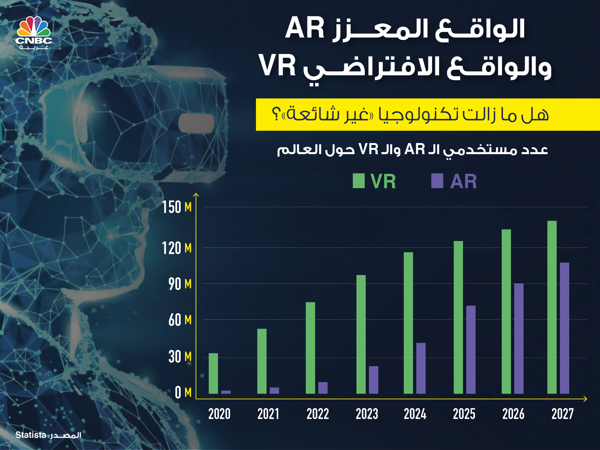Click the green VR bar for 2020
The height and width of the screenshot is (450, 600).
[213, 373]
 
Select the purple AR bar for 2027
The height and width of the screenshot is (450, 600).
[564, 328]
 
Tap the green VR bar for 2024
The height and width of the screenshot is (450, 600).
[408, 323]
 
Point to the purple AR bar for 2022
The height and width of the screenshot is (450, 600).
[323, 388]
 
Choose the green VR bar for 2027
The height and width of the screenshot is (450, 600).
[552, 307]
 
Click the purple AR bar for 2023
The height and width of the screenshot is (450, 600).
[373, 380]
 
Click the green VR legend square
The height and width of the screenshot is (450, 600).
[359, 181]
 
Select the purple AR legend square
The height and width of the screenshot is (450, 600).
[437, 181]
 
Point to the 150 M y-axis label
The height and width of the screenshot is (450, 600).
[177, 208]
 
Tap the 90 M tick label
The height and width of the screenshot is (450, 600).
[180, 284]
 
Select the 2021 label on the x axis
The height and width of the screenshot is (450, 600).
[268, 414]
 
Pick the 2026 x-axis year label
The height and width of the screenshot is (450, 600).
[513, 414]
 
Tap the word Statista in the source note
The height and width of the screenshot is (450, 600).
[31, 435]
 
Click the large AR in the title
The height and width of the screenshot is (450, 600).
[305, 29]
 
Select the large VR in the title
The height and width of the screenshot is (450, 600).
[277, 66]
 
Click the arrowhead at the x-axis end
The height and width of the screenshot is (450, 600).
[585, 399]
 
